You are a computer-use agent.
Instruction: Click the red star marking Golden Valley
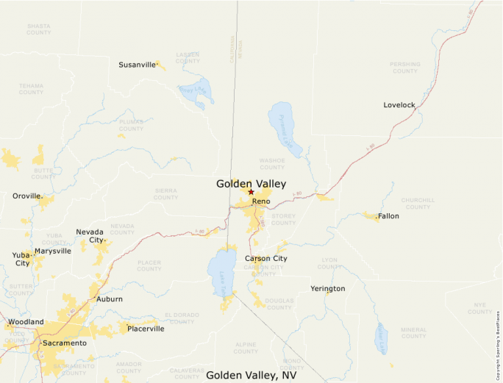point(251,192)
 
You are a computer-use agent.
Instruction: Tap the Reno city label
point(261,201)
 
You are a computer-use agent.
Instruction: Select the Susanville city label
point(137,65)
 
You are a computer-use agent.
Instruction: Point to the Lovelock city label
point(399,105)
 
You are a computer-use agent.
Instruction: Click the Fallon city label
point(388,217)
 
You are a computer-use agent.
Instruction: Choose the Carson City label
point(266,259)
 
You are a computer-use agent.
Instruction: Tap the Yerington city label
point(327,289)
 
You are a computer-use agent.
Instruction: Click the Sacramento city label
point(65,343)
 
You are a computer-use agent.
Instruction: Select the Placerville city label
point(146,329)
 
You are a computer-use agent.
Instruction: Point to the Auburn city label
point(110,299)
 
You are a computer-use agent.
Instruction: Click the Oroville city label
point(27,196)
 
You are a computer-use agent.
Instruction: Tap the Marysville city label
point(53,251)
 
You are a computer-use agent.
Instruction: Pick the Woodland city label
point(26,322)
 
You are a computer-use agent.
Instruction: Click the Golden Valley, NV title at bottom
point(251,375)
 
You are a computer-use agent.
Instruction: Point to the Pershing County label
point(404,68)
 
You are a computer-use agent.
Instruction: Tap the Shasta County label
point(38,29)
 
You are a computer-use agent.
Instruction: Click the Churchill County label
point(417,204)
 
